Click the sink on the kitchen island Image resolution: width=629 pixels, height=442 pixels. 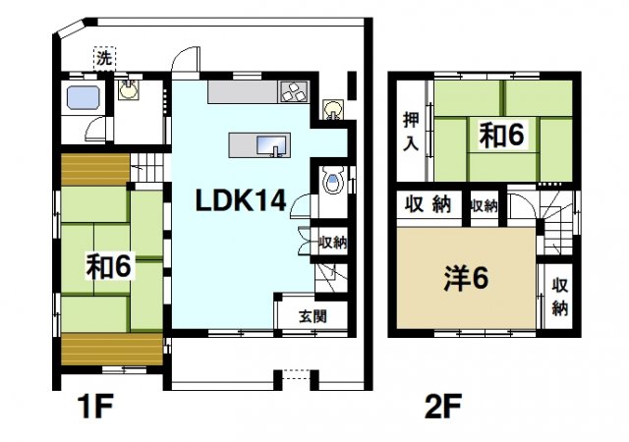(x=272, y=146)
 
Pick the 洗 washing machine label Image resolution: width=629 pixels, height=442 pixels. (x=103, y=58)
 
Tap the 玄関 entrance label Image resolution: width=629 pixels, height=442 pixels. (x=313, y=316)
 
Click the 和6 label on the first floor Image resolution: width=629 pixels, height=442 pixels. (x=109, y=265)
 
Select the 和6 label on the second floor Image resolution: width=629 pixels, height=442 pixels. (x=501, y=136)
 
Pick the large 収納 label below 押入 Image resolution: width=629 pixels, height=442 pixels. (x=429, y=205)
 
